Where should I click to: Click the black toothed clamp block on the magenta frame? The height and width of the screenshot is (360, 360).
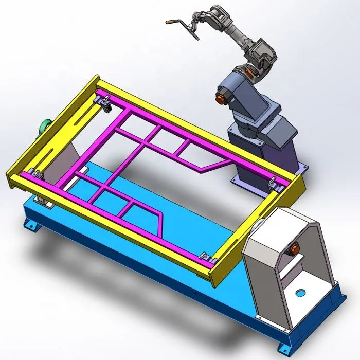(106, 106)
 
